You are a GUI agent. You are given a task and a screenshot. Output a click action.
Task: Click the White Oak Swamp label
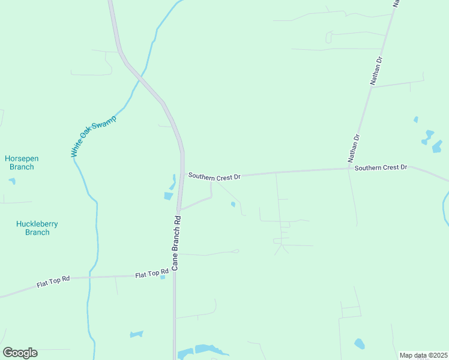(93, 136)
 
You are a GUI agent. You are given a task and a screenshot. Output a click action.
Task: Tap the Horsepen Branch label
(22, 163)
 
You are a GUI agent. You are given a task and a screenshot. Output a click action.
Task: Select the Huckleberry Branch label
(37, 228)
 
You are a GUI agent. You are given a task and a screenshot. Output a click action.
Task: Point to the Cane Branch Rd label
(176, 242)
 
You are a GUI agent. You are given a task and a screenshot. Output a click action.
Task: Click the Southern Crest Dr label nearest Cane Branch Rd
(214, 176)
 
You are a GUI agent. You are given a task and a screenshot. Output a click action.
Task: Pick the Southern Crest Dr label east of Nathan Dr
(381, 167)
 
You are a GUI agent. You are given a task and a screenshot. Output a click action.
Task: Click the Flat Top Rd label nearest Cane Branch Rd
(152, 274)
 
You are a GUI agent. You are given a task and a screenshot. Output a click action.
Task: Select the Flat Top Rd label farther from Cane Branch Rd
(53, 281)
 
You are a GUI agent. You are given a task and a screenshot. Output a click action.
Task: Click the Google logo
(20, 353)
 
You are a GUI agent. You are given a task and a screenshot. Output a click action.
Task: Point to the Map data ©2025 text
(423, 355)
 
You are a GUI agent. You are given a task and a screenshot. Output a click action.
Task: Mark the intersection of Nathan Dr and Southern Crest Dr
(350, 169)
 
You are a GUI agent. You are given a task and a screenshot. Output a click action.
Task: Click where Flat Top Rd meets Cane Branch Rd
(175, 275)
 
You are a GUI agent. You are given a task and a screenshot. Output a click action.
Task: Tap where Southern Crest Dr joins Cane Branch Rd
(182, 176)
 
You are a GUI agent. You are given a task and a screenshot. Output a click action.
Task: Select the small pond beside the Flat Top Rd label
(163, 277)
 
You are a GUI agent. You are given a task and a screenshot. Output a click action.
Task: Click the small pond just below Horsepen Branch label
(13, 181)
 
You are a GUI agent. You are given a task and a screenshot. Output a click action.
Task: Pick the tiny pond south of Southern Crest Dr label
(233, 205)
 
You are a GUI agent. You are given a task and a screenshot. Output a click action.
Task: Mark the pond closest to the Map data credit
(359, 344)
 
